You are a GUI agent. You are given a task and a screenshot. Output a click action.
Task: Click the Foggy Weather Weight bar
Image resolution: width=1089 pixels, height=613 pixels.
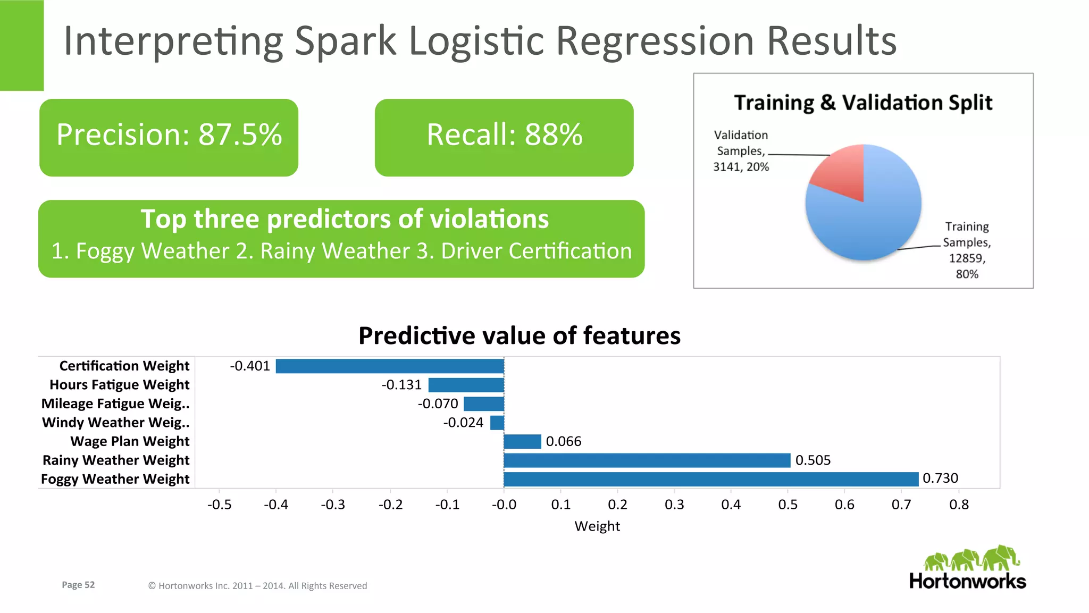click(x=711, y=479)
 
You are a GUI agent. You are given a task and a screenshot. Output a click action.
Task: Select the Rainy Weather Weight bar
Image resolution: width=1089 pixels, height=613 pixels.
click(x=647, y=460)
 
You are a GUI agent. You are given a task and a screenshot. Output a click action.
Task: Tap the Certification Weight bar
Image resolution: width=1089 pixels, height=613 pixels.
click(x=389, y=366)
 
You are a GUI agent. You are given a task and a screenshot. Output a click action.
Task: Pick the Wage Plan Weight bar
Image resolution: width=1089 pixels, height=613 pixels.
click(x=522, y=441)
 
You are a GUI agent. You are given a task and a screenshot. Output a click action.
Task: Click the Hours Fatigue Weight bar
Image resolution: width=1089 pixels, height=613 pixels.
click(x=466, y=385)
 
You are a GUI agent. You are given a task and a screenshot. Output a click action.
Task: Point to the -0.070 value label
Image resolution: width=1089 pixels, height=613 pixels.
click(x=438, y=404)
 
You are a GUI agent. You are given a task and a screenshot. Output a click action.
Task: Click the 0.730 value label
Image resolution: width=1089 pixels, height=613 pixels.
click(x=940, y=478)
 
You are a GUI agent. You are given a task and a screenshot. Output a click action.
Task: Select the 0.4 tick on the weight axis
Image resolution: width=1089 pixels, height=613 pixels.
click(x=731, y=505)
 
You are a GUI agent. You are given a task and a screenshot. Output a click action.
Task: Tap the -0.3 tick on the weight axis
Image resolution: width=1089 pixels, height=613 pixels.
click(x=333, y=505)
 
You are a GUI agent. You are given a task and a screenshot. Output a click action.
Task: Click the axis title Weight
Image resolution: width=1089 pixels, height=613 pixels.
click(x=597, y=526)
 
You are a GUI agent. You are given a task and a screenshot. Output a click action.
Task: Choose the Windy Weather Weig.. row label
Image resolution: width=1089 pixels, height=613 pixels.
click(x=115, y=423)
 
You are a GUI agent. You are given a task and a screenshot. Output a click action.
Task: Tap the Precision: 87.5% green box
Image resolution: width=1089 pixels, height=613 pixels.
click(x=169, y=137)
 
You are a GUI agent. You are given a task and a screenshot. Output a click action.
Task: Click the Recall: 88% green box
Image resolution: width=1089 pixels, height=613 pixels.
click(x=504, y=137)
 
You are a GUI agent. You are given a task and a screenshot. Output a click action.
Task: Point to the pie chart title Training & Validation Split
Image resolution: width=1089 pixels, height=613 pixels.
click(x=862, y=103)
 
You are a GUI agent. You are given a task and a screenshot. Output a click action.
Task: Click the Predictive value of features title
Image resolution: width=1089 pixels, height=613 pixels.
click(x=519, y=336)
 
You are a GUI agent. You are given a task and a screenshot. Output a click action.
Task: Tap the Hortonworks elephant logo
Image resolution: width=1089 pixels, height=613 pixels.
click(x=971, y=558)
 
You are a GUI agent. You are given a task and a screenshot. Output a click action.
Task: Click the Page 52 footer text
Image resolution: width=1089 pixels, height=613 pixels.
click(x=78, y=585)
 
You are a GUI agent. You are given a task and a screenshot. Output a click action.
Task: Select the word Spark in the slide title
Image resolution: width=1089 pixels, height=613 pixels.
click(x=345, y=41)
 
